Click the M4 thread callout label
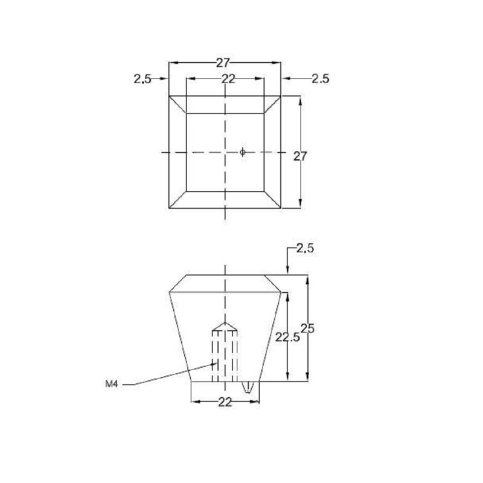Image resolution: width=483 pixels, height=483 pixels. point(112,384)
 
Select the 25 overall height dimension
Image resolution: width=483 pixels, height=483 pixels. point(307,329)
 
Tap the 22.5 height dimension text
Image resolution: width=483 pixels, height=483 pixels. point(287,337)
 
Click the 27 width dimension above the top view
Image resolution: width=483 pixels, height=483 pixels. point(223,63)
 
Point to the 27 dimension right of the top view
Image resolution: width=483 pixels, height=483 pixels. point(299,156)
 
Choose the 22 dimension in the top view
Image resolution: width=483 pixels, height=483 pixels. point(228,79)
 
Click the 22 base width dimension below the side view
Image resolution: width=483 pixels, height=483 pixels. point(225,402)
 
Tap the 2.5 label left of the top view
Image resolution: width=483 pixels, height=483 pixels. point(142,79)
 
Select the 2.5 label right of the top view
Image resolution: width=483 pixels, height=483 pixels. point(321,79)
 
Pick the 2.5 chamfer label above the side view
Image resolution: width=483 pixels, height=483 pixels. point(305,248)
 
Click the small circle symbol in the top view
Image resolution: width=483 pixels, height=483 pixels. point(243,152)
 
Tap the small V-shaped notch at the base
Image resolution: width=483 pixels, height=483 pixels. point(248,387)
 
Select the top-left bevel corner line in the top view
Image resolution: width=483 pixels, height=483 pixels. point(178,104)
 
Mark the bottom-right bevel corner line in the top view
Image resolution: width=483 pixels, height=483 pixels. point(272,200)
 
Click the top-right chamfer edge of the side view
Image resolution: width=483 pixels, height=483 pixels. point(273,283)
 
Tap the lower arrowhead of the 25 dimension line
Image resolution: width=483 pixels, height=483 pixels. point(307,376)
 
